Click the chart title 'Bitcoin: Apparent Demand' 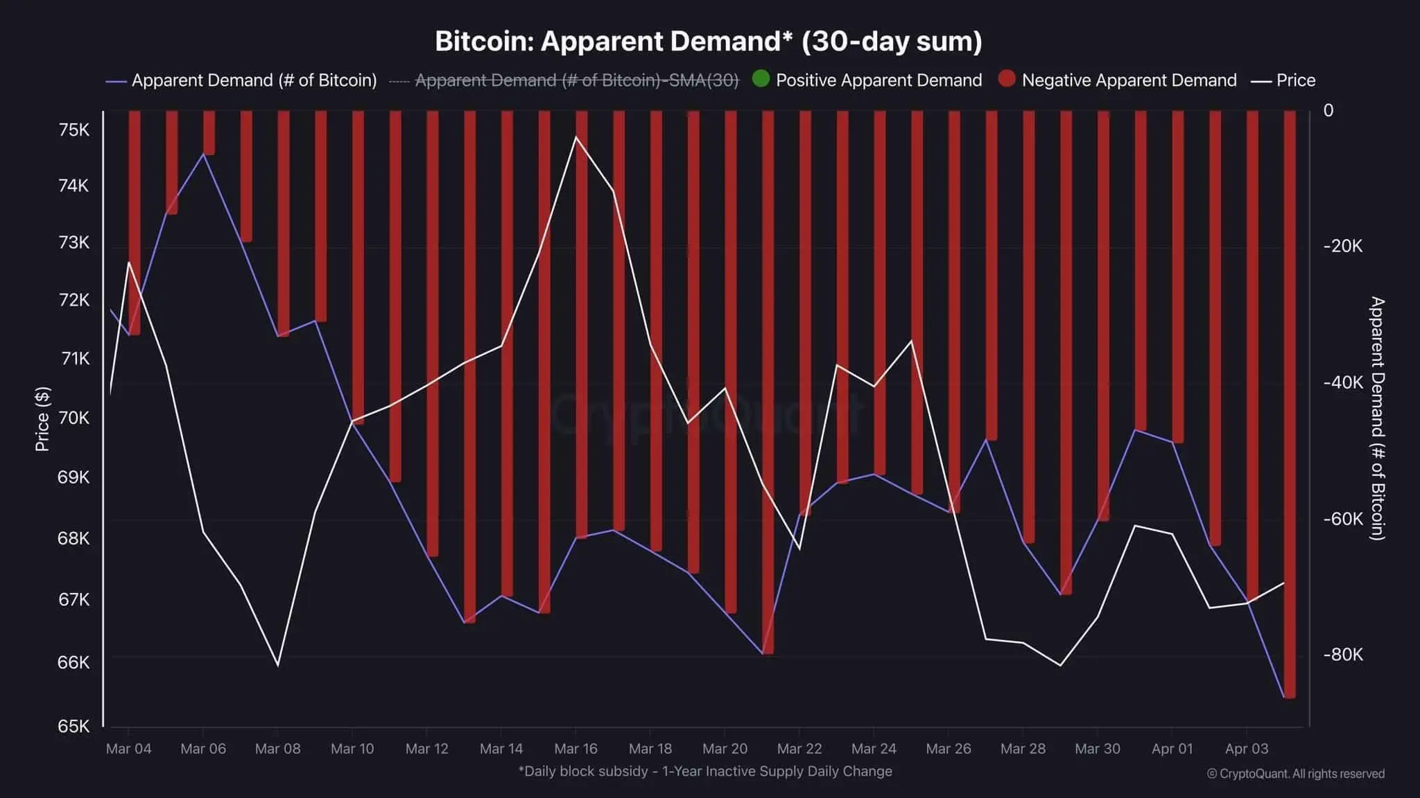[x=708, y=42]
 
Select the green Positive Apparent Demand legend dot [x=761, y=79]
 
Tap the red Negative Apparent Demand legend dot [x=1007, y=79]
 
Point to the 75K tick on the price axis [x=73, y=130]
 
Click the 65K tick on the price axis [x=73, y=726]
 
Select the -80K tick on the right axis [x=1342, y=655]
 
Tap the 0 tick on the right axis [x=1328, y=111]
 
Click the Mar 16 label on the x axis [x=575, y=749]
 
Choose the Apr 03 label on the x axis [x=1246, y=749]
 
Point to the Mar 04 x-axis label [x=128, y=749]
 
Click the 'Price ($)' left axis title [x=42, y=419]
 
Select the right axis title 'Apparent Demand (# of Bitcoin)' [x=1377, y=418]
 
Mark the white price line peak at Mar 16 [x=575, y=137]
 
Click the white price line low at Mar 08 [x=278, y=665]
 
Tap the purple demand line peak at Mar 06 [x=202, y=153]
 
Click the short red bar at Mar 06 [x=209, y=132]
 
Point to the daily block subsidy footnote [x=705, y=771]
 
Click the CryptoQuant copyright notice [x=1295, y=774]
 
